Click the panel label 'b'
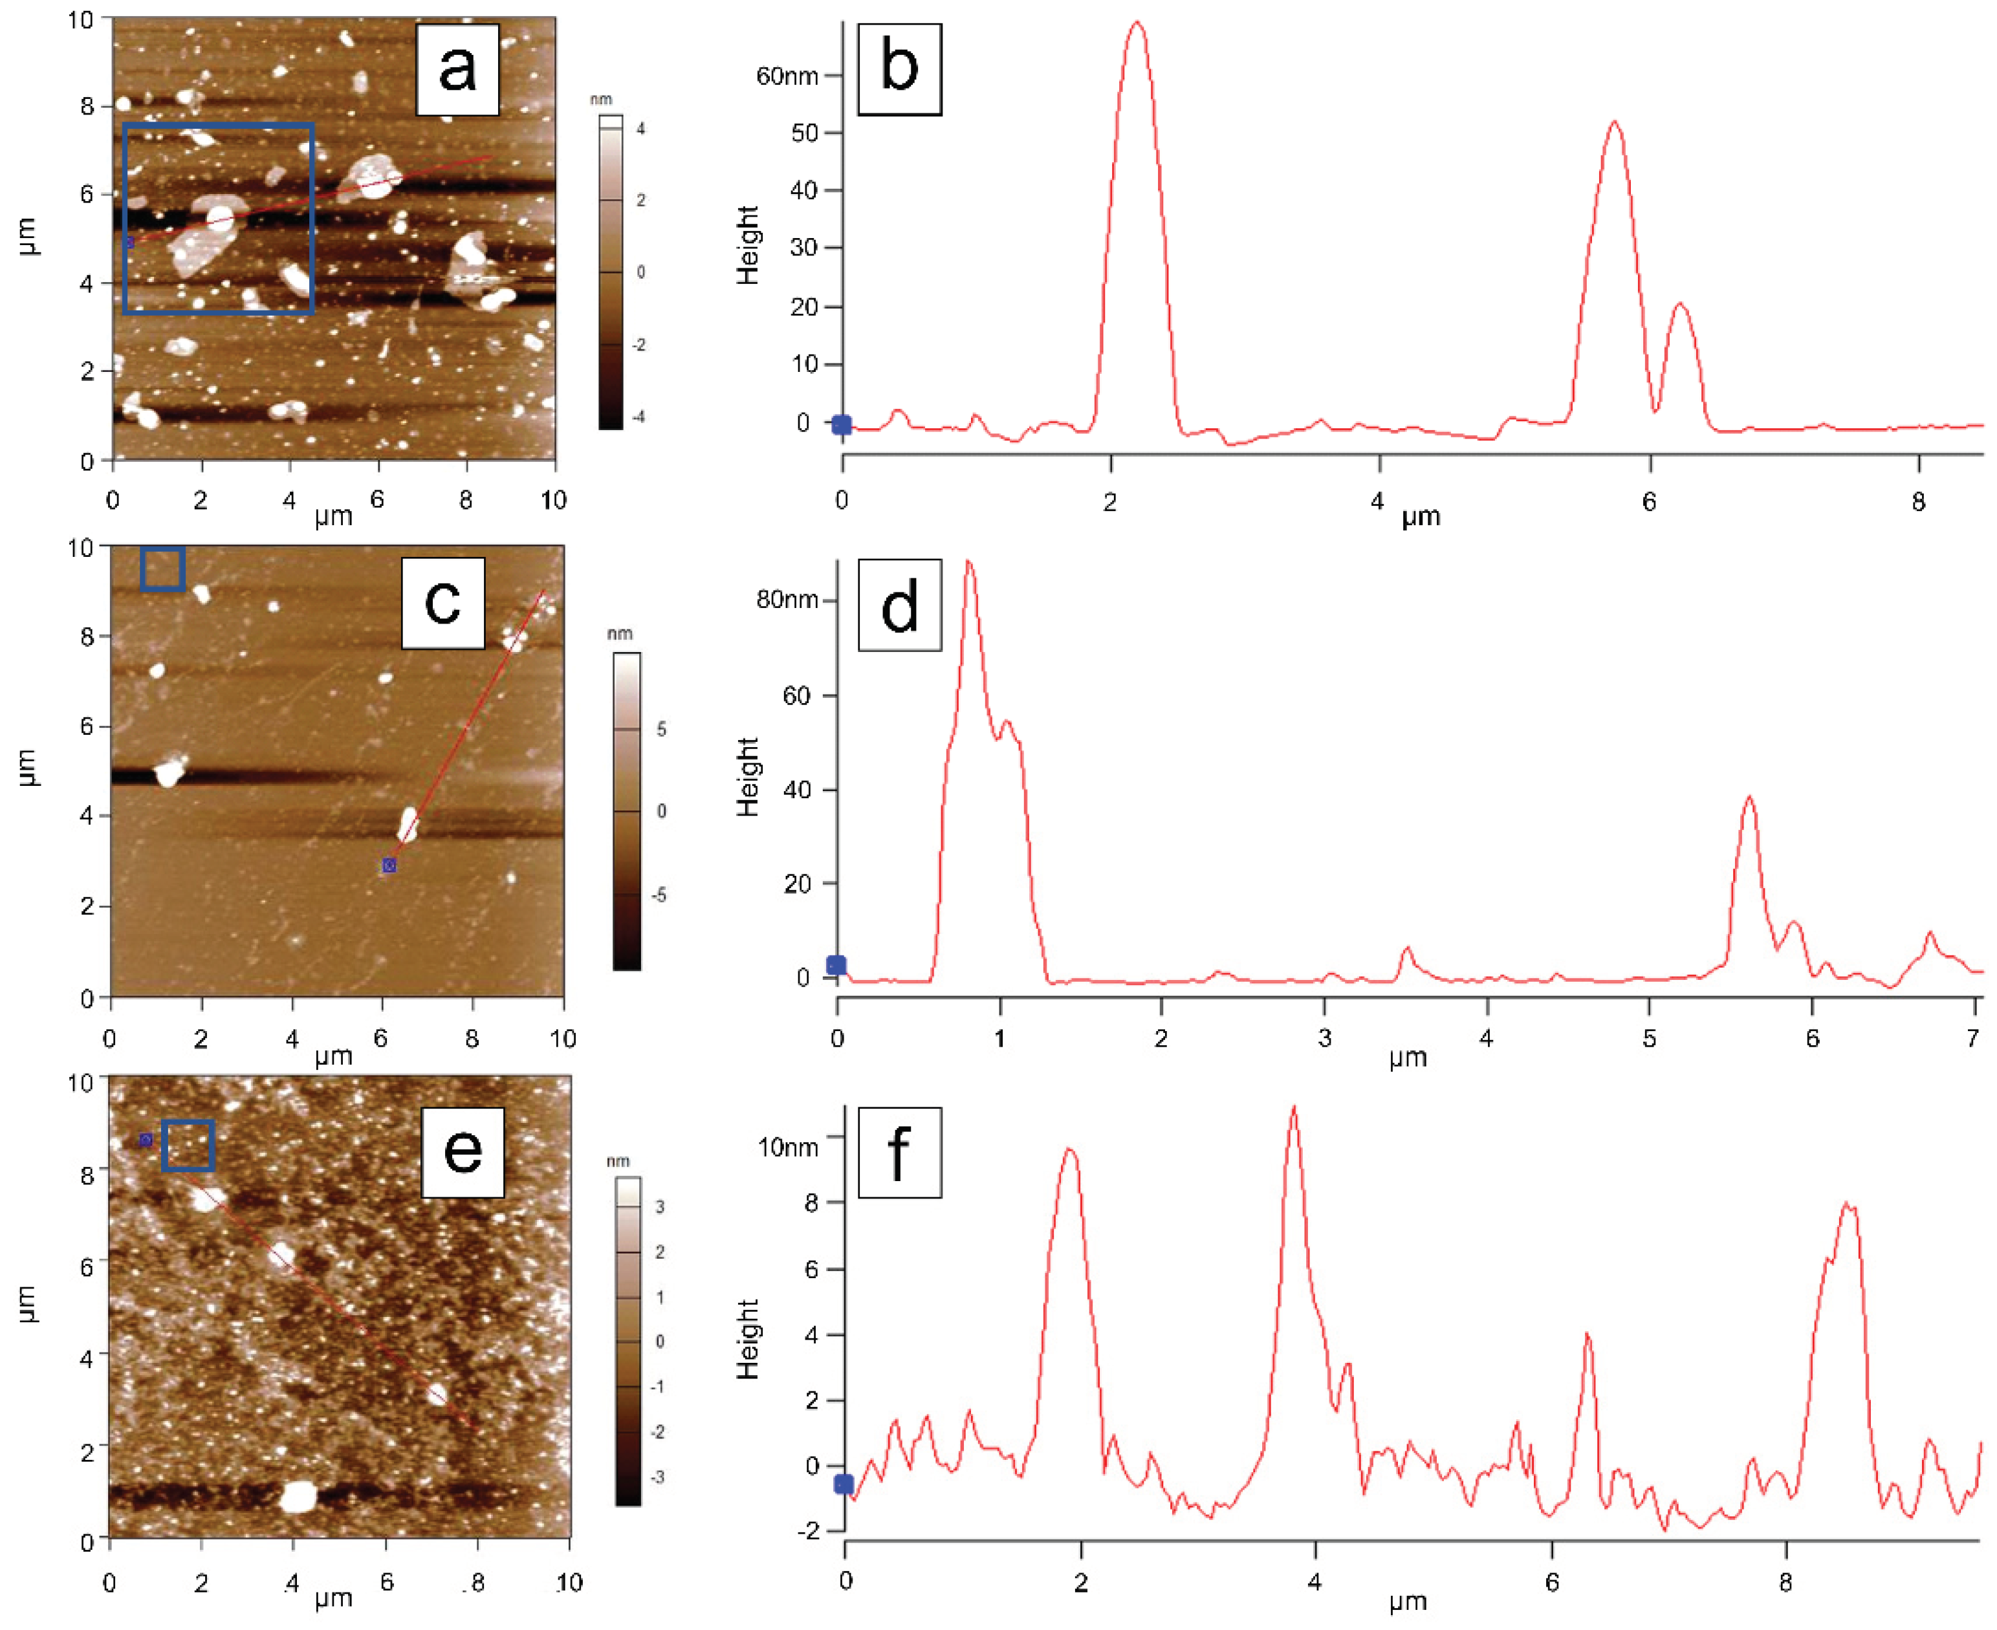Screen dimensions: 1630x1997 point(899,69)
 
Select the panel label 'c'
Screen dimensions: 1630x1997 point(442,603)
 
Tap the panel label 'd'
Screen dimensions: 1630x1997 point(899,605)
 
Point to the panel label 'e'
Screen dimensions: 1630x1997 point(462,1152)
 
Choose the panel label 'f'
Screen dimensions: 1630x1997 point(899,1152)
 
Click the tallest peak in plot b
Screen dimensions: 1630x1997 point(1137,23)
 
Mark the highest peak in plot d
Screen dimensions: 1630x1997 point(969,563)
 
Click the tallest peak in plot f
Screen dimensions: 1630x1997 point(1294,1108)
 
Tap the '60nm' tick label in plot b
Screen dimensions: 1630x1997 point(787,76)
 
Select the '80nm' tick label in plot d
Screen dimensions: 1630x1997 point(787,599)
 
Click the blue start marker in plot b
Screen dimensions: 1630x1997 point(842,426)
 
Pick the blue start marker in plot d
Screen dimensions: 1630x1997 point(836,965)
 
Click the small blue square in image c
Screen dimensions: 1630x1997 point(162,569)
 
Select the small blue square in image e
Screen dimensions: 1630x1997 point(188,1146)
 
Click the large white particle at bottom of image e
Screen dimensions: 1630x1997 point(299,1497)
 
